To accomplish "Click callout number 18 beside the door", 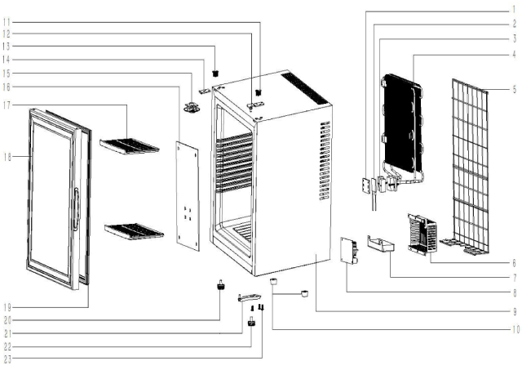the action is pos(7,157).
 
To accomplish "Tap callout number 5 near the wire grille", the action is pos(515,89).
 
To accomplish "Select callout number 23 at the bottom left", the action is pos(7,359).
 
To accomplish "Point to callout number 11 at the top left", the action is pos(7,23).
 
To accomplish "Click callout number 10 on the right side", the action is pos(515,330).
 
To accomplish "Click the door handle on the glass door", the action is pos(76,208).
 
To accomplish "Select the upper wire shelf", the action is pos(130,146).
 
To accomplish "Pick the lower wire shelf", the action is pos(134,231).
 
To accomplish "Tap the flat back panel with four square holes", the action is pos(188,196).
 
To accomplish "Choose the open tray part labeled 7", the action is pos(381,243).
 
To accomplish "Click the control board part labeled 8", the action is pos(349,250).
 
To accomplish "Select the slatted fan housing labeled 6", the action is pos(422,234).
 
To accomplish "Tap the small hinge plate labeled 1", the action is pos(366,185).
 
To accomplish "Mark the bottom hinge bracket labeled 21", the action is pos(250,297).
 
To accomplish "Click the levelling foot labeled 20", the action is pos(220,285).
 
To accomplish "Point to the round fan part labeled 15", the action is pos(192,108).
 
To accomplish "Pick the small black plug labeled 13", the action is pos(215,73).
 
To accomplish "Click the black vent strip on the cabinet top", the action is pos(304,88).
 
